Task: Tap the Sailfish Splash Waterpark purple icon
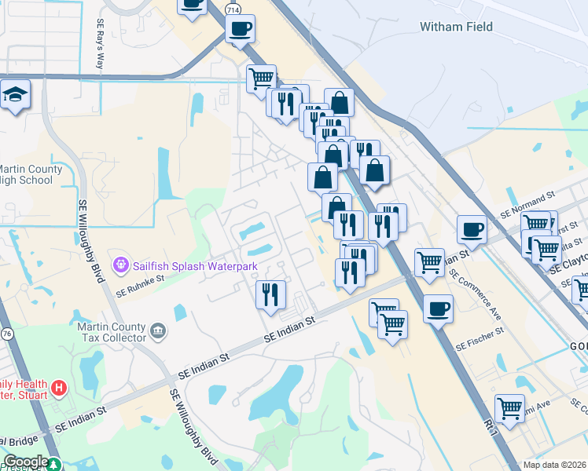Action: coord(120,266)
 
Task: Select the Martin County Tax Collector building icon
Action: coord(159,330)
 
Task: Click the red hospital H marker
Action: coord(58,388)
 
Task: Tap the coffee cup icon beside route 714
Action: coord(240,28)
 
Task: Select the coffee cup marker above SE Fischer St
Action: coord(438,307)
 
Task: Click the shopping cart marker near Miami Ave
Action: coord(509,407)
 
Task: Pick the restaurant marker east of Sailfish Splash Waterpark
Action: coord(270,294)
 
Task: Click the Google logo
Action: coord(25,462)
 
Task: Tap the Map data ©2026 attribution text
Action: coord(554,465)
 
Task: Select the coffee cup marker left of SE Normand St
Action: coord(472,228)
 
